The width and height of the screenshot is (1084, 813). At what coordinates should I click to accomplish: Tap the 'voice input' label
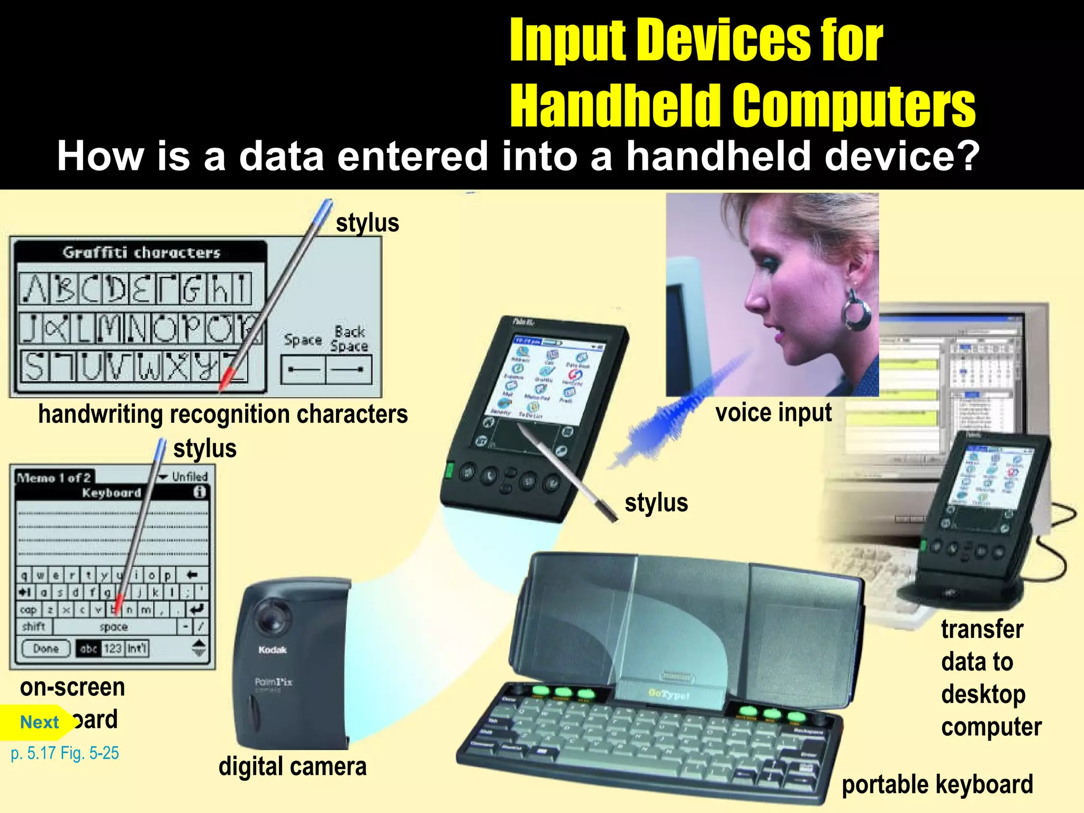pos(773,413)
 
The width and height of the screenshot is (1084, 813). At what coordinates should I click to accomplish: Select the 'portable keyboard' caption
pos(937,784)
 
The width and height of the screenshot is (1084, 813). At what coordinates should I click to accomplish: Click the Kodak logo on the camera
pos(273,650)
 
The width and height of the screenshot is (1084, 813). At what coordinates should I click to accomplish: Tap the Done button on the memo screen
pos(46,648)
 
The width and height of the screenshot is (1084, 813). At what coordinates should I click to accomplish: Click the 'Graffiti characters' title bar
pos(141,252)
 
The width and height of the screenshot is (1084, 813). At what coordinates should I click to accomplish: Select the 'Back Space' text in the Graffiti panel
pos(349,339)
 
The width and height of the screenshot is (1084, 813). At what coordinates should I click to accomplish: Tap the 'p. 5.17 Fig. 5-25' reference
pos(65,753)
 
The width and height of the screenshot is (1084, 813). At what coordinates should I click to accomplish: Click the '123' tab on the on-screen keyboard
pos(112,648)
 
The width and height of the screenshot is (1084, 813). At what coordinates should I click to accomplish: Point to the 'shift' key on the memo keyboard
pos(34,627)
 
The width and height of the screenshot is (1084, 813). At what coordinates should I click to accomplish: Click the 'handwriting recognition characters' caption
pos(223,414)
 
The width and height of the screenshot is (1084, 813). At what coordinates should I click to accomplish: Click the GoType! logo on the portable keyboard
pos(669,694)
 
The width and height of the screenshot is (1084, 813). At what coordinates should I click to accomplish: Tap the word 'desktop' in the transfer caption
pos(983,694)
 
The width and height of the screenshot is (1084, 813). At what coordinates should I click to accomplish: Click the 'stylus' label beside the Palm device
pos(656,503)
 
